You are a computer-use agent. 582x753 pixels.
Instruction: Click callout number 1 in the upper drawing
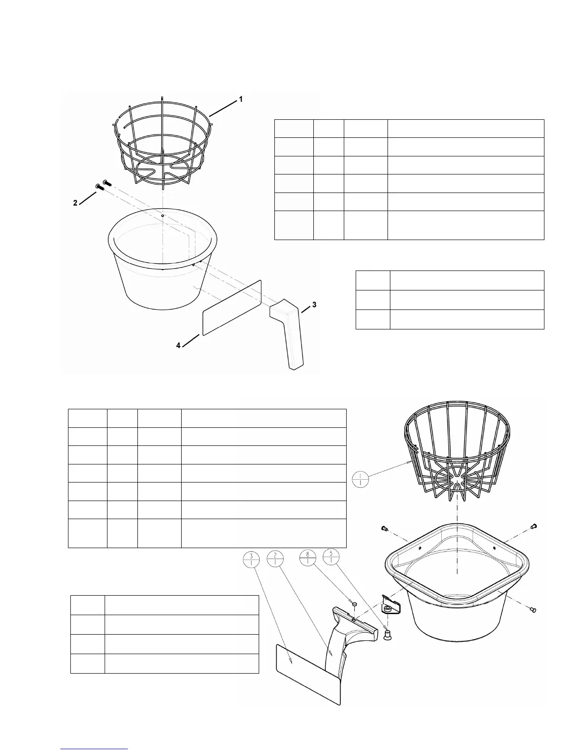tap(241, 99)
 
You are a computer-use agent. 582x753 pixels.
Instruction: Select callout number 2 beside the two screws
tap(75, 203)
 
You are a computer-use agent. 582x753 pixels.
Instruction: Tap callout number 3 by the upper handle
tap(314, 304)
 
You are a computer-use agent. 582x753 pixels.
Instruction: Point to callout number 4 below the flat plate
tap(178, 346)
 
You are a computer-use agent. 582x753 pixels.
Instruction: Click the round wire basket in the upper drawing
tap(163, 143)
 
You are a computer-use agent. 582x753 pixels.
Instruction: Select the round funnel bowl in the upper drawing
tap(162, 266)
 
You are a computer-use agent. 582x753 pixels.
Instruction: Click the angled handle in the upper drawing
tap(288, 333)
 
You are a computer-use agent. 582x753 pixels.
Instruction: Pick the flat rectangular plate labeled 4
tap(232, 308)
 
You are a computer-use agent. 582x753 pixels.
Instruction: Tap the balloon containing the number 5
tap(331, 557)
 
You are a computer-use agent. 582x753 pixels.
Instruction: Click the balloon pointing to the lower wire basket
tap(361, 479)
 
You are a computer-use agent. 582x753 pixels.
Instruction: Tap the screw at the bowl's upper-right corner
tap(533, 526)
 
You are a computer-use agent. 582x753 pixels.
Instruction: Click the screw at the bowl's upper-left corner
tap(383, 528)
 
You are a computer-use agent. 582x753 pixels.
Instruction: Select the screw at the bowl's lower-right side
tap(532, 608)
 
